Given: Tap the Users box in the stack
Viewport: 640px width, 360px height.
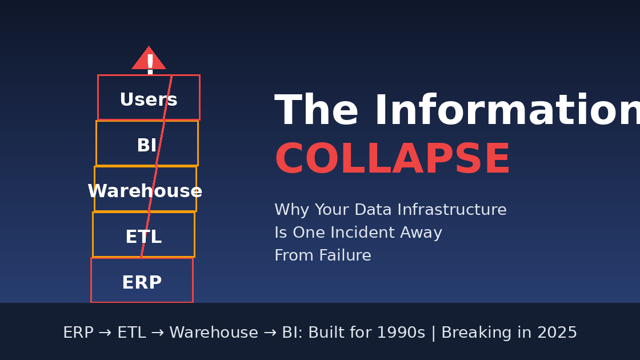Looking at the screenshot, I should (x=149, y=98).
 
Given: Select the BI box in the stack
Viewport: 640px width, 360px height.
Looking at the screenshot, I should (x=147, y=143).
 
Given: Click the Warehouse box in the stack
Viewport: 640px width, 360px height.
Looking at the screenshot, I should (x=145, y=189).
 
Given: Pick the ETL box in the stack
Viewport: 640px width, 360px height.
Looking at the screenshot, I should (x=143, y=235).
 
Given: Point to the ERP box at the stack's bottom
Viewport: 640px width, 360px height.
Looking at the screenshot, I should (x=142, y=281).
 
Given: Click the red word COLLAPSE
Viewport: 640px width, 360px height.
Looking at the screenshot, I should (x=392, y=161).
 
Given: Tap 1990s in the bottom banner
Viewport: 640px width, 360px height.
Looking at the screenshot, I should (x=403, y=333).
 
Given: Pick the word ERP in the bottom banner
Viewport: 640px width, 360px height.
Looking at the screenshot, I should (x=78, y=333).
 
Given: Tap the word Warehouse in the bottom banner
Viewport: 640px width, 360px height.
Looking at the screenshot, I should (x=214, y=333).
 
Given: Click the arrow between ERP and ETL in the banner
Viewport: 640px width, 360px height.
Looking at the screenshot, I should (x=105, y=333).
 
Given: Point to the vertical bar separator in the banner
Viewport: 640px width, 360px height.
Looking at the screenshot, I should (x=433, y=333).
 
